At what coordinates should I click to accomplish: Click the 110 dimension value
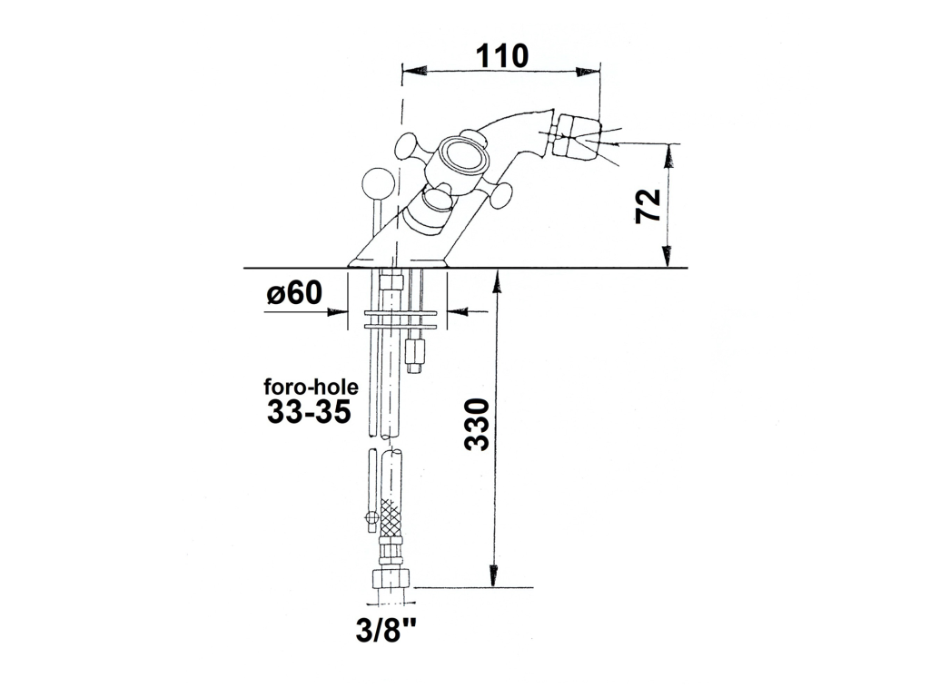point(501,55)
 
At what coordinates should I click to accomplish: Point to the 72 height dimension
point(648,206)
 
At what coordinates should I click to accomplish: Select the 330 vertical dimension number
point(477,425)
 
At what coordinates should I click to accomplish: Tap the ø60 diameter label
point(294,292)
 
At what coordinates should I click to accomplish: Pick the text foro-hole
point(311,387)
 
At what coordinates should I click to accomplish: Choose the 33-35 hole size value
point(309,411)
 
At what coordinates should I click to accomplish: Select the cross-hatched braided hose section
point(391,519)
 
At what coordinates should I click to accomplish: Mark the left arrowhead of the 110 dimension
point(414,71)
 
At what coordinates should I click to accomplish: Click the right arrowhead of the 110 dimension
point(588,71)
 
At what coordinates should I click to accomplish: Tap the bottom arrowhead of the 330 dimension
point(493,574)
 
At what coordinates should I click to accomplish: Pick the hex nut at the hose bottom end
point(391,578)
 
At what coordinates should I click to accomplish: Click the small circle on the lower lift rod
point(371,517)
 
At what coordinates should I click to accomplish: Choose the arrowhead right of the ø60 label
point(458,311)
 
